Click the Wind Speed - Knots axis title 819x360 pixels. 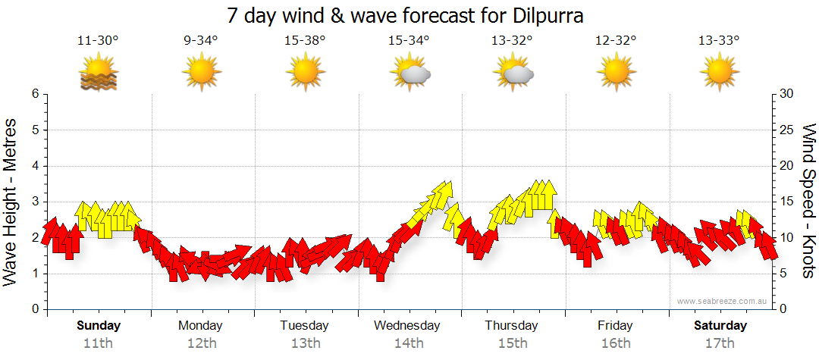point(808,201)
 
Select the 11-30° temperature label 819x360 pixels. point(98,41)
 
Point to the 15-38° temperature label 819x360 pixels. point(305,41)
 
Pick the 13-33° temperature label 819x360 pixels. point(719,41)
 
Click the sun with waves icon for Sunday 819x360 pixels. point(99,74)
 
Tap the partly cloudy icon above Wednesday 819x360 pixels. point(409,74)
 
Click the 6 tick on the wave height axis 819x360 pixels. point(35,94)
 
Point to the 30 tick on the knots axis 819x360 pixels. point(788,94)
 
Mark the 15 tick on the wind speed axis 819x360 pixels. point(787,202)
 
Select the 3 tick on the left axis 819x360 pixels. point(35,202)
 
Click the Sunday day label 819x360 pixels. point(99,326)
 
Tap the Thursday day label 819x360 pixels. point(512,326)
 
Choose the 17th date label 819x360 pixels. point(720,343)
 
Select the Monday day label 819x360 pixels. point(200,326)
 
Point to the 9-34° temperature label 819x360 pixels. point(201,41)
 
